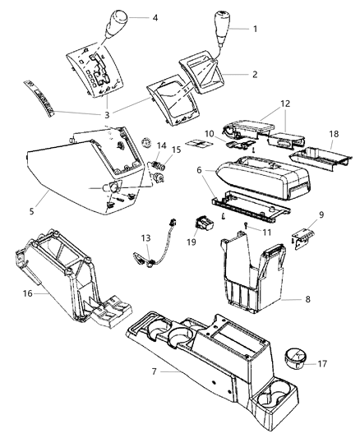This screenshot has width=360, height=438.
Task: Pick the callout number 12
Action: (x=286, y=104)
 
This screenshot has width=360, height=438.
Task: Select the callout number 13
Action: (x=147, y=237)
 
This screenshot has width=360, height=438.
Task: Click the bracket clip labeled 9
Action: (x=305, y=236)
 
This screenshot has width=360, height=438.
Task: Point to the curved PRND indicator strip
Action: (x=46, y=99)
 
